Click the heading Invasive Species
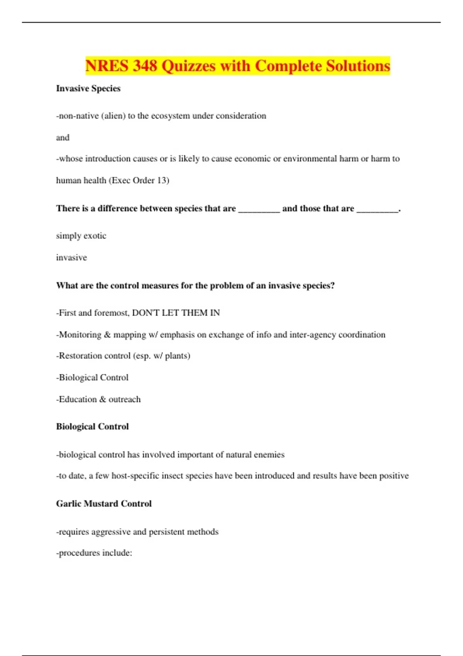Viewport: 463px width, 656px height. coord(88,88)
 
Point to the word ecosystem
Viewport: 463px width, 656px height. coord(170,116)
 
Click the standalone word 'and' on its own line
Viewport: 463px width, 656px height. coord(63,137)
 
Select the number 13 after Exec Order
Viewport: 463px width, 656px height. coord(161,180)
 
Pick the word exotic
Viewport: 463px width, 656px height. coord(95,236)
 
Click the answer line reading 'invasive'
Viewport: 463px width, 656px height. coord(71,257)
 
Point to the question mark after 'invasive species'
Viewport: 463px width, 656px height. coord(332,286)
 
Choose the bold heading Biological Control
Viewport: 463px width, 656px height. coord(92,426)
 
